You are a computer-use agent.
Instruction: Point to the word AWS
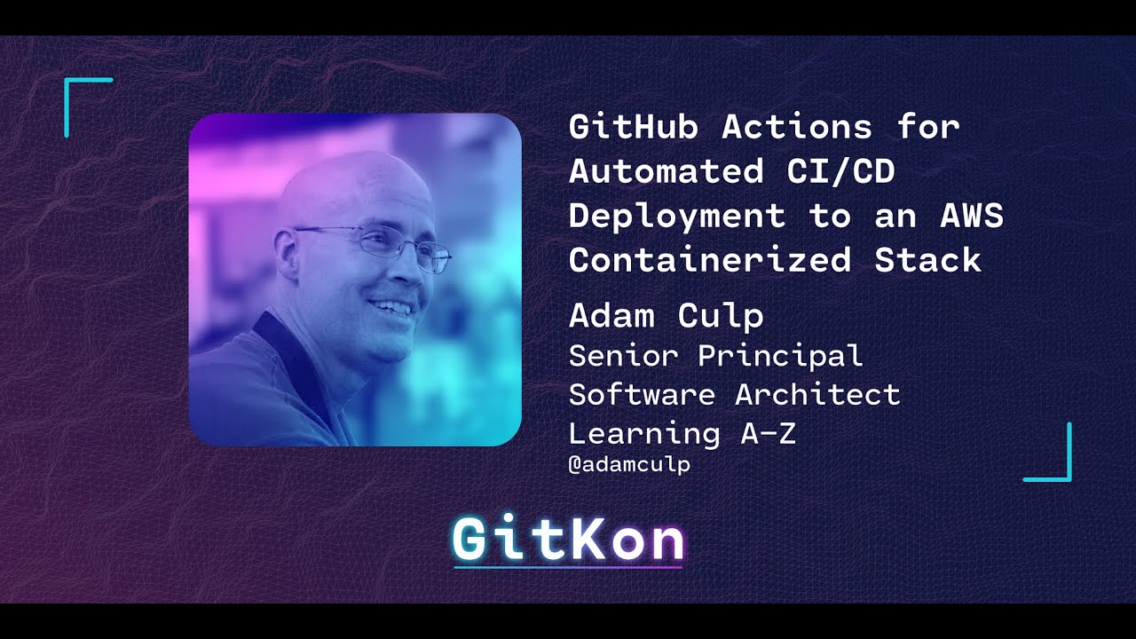pyautogui.click(x=971, y=216)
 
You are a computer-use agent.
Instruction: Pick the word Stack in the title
pyautogui.click(x=928, y=260)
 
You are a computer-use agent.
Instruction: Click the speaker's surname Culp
pyautogui.click(x=721, y=316)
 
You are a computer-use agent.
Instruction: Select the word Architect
pyautogui.click(x=817, y=395)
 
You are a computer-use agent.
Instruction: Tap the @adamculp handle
pyautogui.click(x=629, y=464)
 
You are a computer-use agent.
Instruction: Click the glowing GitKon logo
pyautogui.click(x=568, y=540)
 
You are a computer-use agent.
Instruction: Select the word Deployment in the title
pyautogui.click(x=677, y=216)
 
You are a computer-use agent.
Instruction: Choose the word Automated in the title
pyautogui.click(x=667, y=171)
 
